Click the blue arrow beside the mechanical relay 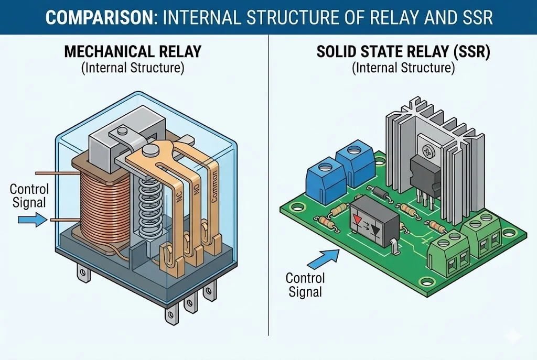point(32,221)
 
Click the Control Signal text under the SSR point(305,285)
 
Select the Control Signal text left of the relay point(29,195)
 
